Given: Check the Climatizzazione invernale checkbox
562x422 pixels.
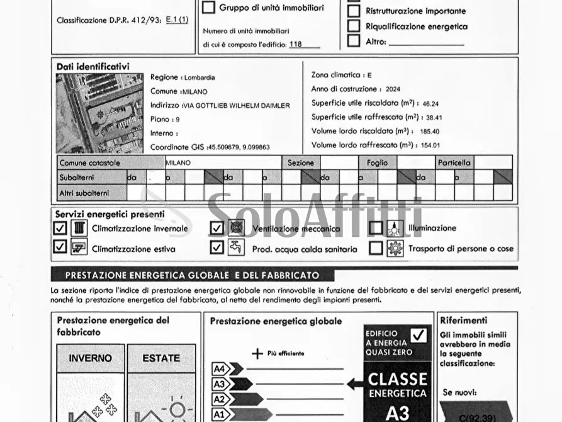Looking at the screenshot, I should [x=60, y=228].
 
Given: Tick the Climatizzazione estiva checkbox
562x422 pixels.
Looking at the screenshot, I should [x=60, y=248].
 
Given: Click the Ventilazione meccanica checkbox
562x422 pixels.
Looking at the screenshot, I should [x=217, y=228].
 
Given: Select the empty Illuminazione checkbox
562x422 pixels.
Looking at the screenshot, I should [x=376, y=228].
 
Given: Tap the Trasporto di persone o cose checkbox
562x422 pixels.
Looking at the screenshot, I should [x=376, y=248].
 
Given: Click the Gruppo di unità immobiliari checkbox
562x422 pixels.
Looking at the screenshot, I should [x=209, y=8].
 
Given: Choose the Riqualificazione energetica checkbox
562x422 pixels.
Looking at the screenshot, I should [x=354, y=26].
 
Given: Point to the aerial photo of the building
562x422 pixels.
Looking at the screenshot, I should [x=99, y=113].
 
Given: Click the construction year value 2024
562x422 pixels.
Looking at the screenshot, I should [x=393, y=89].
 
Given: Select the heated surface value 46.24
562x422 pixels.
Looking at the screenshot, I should [x=430, y=103].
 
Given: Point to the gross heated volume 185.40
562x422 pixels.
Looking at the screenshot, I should [x=430, y=132].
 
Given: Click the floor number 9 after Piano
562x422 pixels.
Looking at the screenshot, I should [x=177, y=119].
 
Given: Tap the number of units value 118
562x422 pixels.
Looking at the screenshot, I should [x=295, y=45].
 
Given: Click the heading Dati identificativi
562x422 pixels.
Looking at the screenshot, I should [x=93, y=66].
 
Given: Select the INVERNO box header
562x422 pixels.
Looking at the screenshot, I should [x=90, y=358].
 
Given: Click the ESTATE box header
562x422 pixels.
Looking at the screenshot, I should [x=161, y=358].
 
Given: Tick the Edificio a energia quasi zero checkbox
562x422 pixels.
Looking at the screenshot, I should [x=419, y=335].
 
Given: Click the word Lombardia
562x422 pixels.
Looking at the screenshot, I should [x=200, y=77].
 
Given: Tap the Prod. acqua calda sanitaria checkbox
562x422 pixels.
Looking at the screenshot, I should [x=217, y=248].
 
